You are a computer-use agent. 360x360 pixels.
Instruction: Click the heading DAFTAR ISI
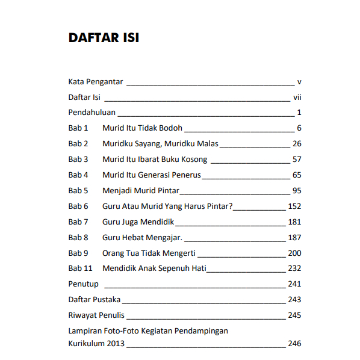[104, 38]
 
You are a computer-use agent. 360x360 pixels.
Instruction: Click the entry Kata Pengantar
[96, 81]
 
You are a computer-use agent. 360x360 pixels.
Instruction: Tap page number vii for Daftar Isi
[297, 97]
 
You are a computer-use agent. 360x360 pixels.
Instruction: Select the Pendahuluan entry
[92, 113]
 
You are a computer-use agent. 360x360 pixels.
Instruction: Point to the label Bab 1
[78, 128]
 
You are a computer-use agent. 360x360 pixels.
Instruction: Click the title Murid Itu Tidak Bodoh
[142, 128]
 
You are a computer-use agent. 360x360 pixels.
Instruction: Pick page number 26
[296, 144]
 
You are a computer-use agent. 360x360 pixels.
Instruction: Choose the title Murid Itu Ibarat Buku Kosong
[155, 160]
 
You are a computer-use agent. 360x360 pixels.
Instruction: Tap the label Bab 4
[78, 175]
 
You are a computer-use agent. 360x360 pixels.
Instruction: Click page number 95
[296, 191]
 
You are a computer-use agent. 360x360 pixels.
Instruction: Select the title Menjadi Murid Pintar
[141, 191]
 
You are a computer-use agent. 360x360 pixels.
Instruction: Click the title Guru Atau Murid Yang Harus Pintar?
[167, 206]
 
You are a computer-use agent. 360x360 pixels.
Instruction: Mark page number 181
[294, 222]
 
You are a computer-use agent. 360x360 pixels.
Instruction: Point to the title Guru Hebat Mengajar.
[142, 238]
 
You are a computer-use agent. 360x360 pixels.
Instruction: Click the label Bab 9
[78, 253]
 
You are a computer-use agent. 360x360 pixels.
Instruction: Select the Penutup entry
[83, 284]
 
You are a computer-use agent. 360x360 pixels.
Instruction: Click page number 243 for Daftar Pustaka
[294, 300]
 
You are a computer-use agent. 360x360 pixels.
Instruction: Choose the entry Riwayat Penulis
[96, 315]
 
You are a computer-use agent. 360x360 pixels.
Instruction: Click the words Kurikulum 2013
[98, 344]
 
